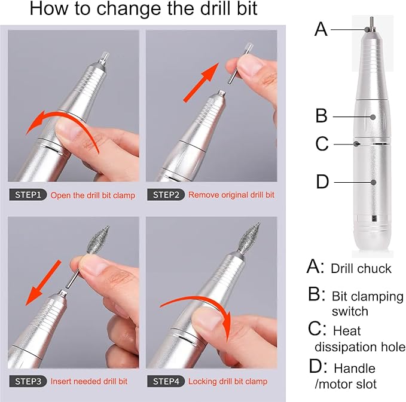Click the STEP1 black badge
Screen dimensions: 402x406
[27, 195]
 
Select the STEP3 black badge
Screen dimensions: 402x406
[27, 381]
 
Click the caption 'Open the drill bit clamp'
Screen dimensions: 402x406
[93, 195]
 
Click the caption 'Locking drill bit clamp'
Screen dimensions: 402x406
[228, 381]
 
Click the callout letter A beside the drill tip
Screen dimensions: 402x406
[321, 28]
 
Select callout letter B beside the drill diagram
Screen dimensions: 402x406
[322, 116]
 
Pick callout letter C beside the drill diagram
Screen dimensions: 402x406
[322, 143]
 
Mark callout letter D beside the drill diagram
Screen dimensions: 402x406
[322, 181]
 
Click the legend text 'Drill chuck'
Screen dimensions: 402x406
[361, 268]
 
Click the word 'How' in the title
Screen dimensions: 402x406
[50, 10]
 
